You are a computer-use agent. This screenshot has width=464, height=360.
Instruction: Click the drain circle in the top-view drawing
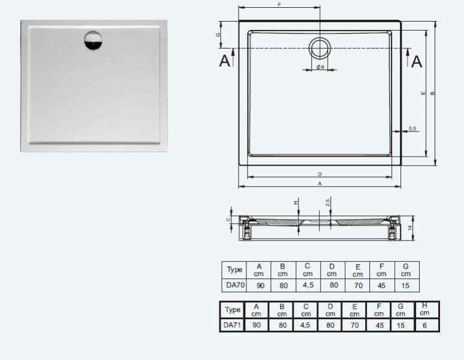(320, 47)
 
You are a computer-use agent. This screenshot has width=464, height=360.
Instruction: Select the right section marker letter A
(417, 61)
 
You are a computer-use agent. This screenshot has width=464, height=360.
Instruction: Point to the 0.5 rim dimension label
(412, 128)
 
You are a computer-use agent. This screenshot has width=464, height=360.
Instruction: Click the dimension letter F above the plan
(279, 5)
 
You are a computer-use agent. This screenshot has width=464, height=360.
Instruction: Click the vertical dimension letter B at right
(432, 93)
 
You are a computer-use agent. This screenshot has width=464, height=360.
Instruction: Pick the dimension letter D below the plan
(320, 174)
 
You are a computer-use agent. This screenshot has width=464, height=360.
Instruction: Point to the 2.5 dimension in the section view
(328, 203)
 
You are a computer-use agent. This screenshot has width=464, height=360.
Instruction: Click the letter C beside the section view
(228, 220)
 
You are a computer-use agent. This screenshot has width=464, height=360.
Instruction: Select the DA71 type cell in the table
(232, 325)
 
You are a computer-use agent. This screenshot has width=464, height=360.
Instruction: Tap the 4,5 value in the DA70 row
(308, 285)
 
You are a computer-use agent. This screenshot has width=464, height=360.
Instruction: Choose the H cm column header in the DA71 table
(425, 310)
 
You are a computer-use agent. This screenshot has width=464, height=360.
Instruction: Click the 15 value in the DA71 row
(400, 325)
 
